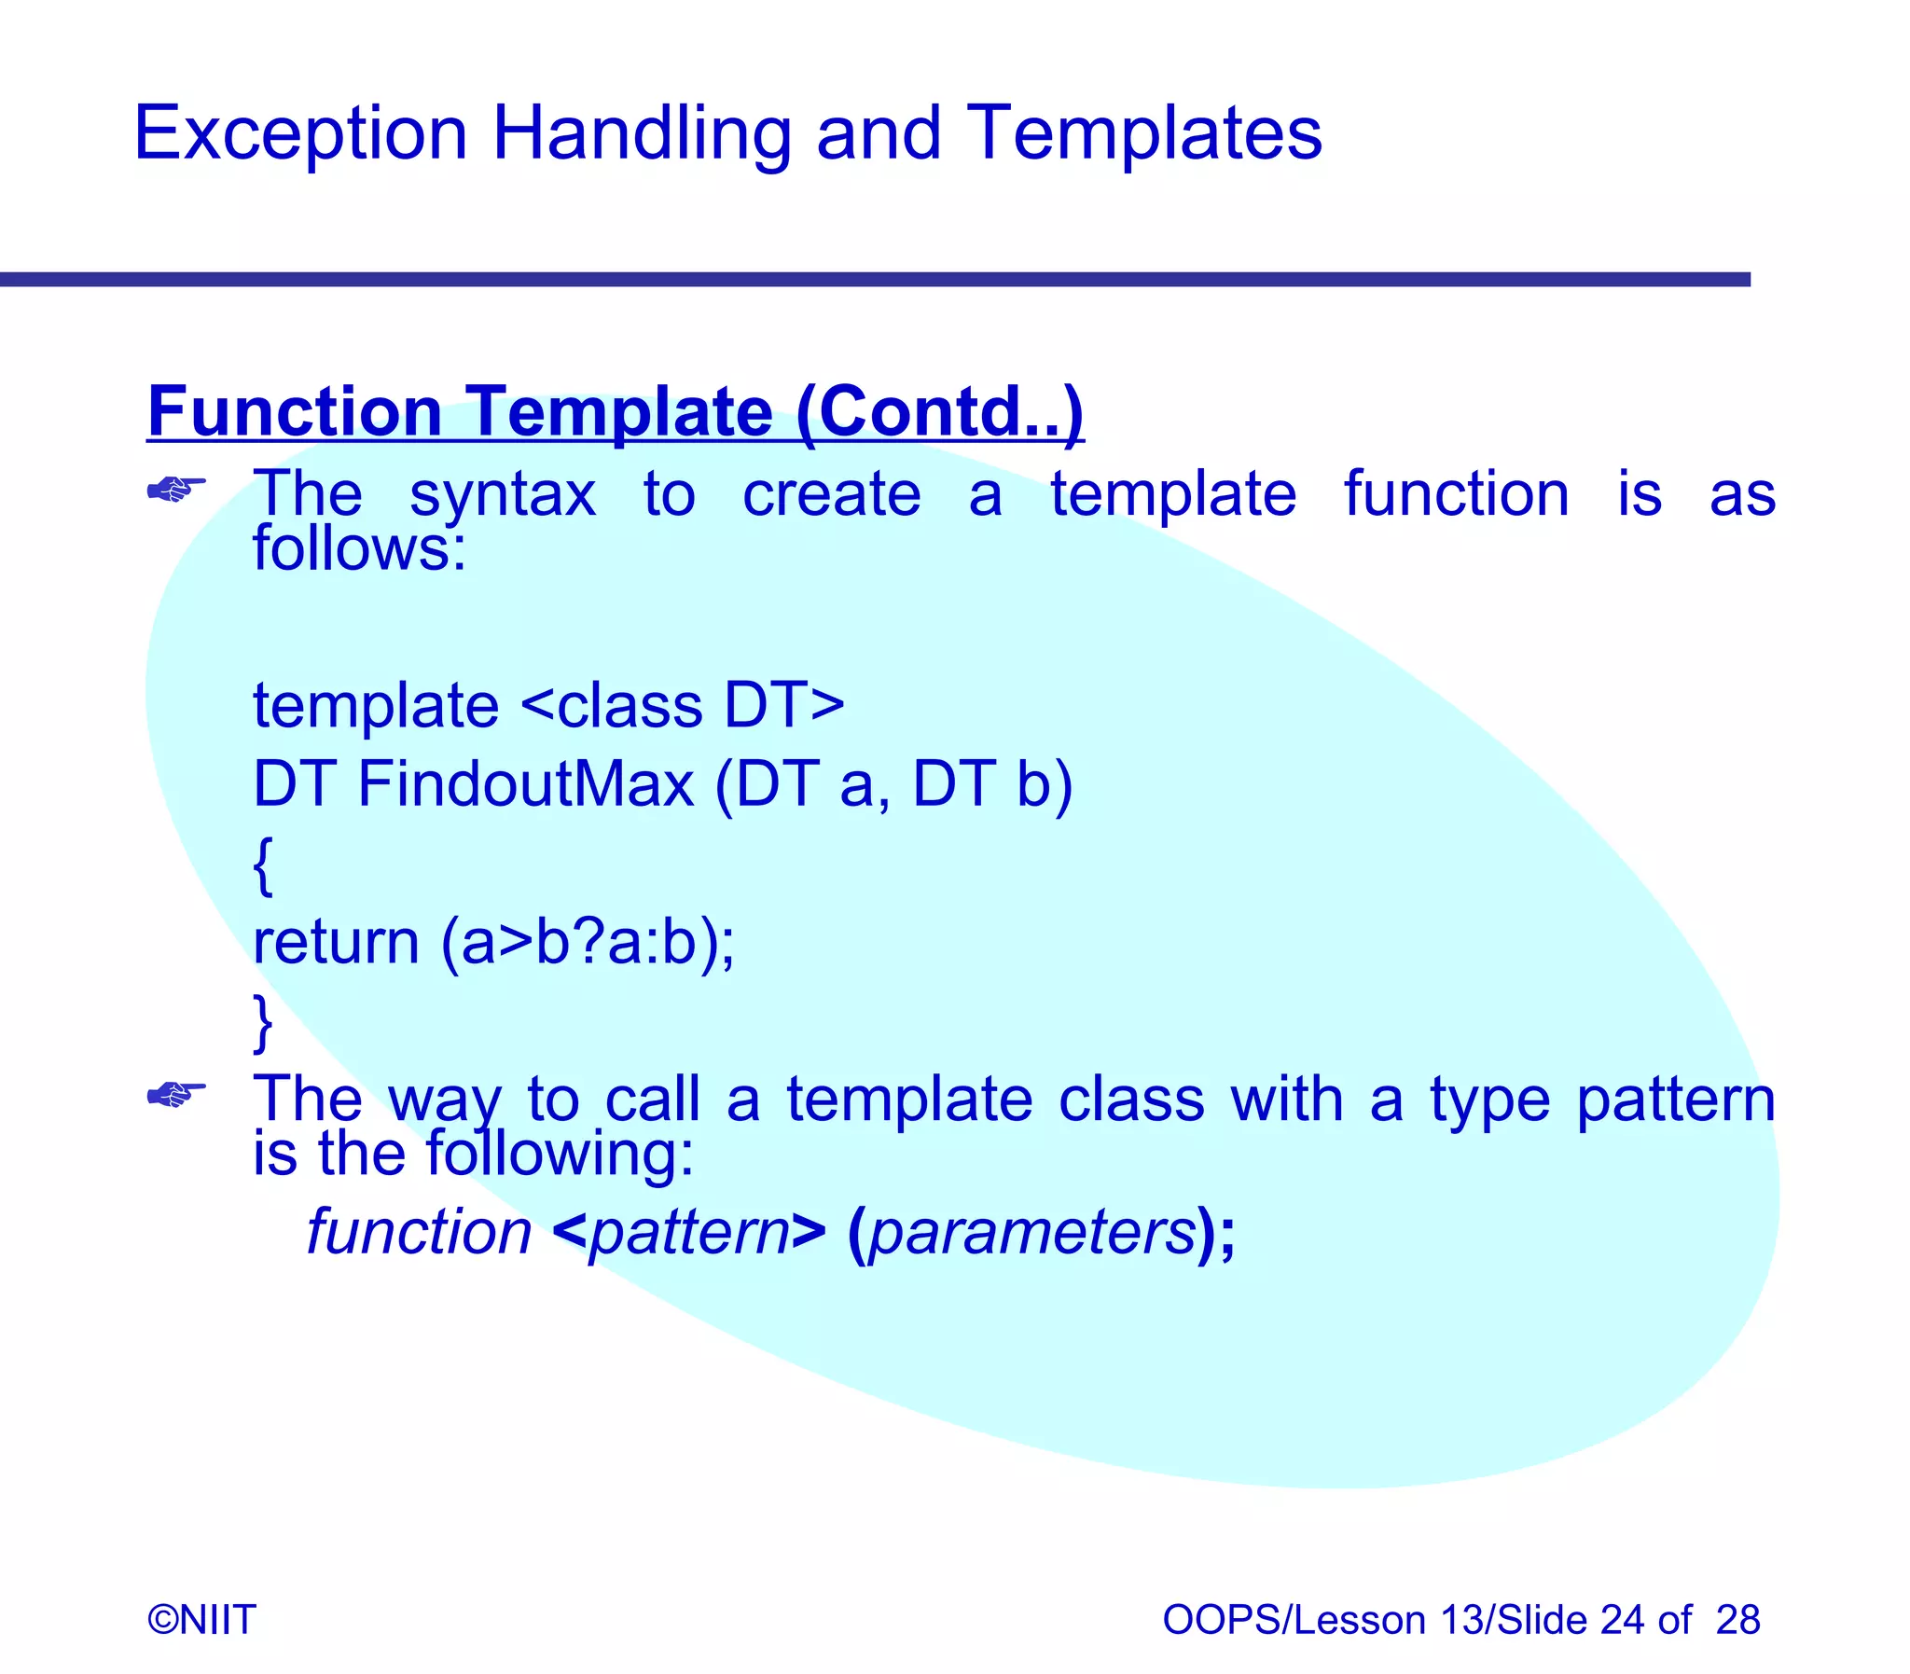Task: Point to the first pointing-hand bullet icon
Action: (176, 488)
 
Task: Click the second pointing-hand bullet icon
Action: (176, 1093)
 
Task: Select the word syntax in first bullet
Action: (503, 495)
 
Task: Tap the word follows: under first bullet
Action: (359, 548)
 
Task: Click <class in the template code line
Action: (611, 705)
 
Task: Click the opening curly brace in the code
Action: (263, 865)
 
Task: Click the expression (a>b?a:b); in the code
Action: (588, 943)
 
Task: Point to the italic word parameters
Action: (1031, 1233)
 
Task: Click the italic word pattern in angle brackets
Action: (689, 1233)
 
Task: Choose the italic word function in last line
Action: (420, 1233)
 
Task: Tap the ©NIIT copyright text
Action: (201, 1620)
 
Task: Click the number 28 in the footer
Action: (1737, 1620)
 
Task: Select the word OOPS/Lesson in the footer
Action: (1294, 1620)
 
